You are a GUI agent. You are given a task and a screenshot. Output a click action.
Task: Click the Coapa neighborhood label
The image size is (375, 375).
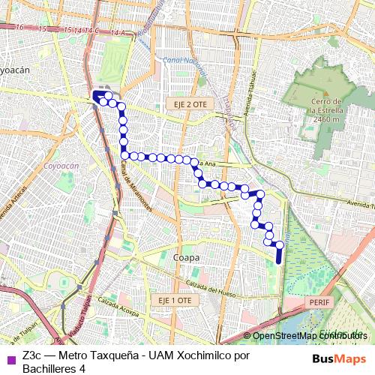coord(186,257)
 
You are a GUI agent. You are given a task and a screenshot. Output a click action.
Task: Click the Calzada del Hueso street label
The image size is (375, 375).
coord(213,289)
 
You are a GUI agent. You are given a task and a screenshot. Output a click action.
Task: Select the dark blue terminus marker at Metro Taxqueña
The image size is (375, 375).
coord(97,96)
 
